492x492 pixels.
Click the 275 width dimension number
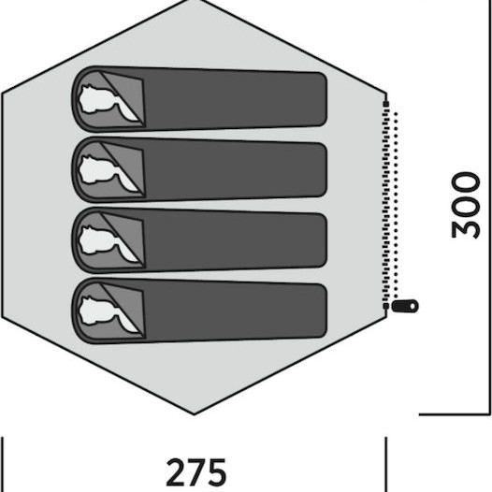(195, 472)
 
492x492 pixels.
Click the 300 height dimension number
(466, 205)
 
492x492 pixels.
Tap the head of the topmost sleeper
(94, 98)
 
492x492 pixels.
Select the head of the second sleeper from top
(94, 169)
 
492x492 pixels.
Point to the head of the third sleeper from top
(94, 239)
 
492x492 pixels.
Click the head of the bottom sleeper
(94, 311)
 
